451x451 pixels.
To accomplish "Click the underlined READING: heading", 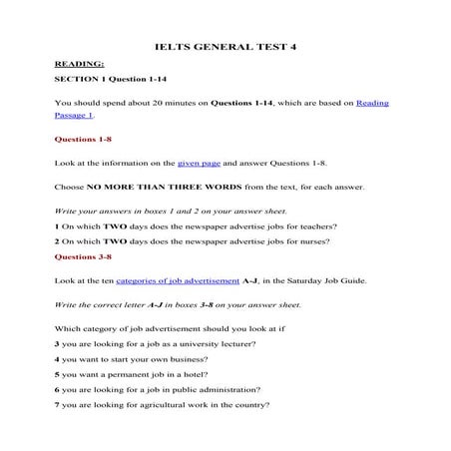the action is point(80,63).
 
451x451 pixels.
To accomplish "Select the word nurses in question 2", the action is point(310,241).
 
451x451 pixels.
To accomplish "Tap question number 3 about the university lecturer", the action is point(57,343).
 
